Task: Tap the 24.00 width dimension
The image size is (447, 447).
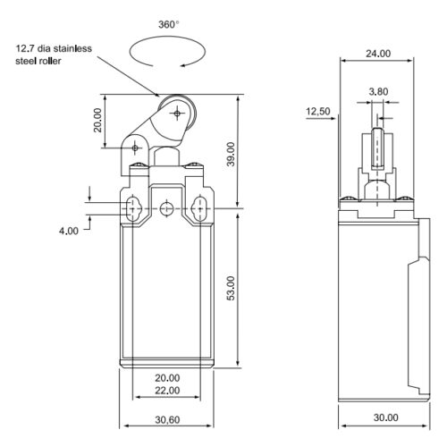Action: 378,54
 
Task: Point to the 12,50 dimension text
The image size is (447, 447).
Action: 318,112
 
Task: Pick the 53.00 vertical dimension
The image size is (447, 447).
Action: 231,288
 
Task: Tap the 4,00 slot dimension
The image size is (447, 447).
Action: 69,231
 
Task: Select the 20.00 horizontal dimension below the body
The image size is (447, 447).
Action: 167,378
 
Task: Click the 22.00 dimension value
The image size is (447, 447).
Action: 167,391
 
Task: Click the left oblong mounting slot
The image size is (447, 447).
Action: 132,208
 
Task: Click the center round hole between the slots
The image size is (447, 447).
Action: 166,208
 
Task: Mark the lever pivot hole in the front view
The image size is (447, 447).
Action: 137,147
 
